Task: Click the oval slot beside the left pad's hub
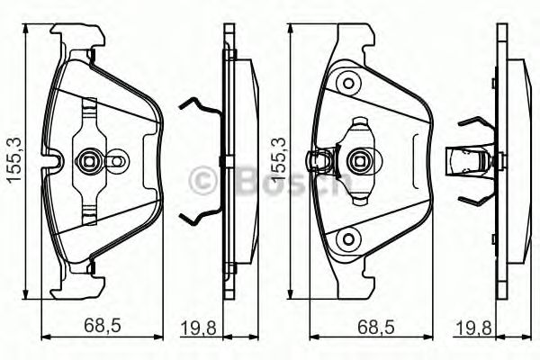116,163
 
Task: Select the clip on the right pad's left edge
318,163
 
